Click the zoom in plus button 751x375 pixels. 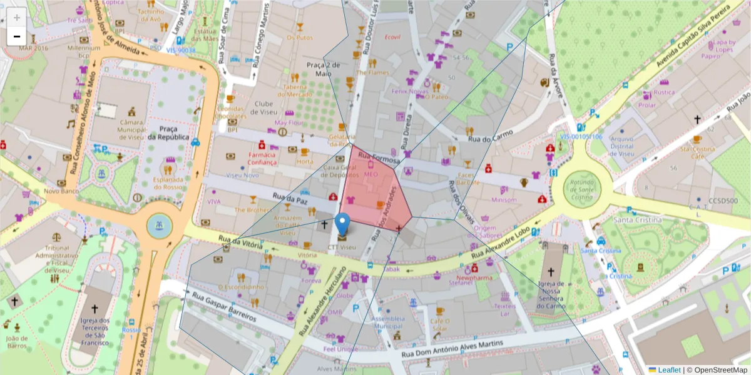tap(17, 17)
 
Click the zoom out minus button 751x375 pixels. tap(17, 36)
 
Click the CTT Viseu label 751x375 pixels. tap(342, 247)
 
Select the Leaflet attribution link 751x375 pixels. tap(668, 370)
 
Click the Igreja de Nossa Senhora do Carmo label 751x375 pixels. tap(551, 294)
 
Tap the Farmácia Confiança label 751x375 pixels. tap(262, 158)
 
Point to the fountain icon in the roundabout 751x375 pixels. tap(158, 226)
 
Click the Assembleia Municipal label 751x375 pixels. tap(388, 322)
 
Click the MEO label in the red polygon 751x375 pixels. tap(370, 175)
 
